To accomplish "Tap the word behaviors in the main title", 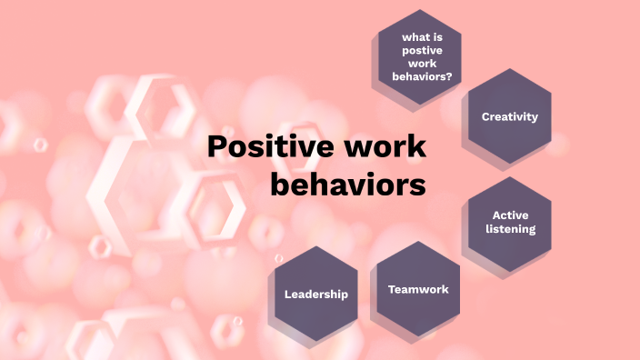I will (348, 184).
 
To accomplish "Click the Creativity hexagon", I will (510, 116).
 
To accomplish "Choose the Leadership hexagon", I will (315, 294).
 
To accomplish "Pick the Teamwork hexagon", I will (417, 289).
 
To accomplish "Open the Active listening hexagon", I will (510, 222).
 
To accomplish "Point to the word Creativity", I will (510, 116).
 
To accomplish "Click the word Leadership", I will (315, 294).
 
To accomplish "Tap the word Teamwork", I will (418, 289).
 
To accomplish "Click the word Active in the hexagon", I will (510, 215).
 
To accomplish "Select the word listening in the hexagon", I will (510, 228).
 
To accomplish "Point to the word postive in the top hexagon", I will (419, 52).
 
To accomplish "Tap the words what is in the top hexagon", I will (419, 38).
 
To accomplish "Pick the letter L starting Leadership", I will (287, 294).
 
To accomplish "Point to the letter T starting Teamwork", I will (392, 289).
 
